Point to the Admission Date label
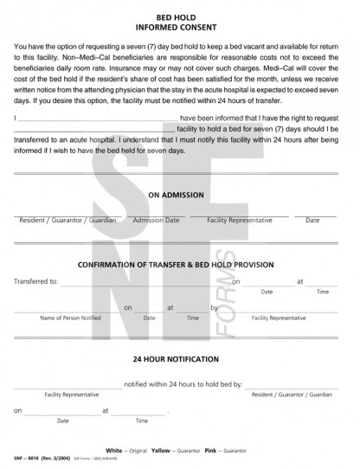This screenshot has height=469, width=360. coord(156,221)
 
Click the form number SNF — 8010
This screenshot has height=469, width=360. coord(32,455)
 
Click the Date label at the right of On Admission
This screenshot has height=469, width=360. coord(312,221)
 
